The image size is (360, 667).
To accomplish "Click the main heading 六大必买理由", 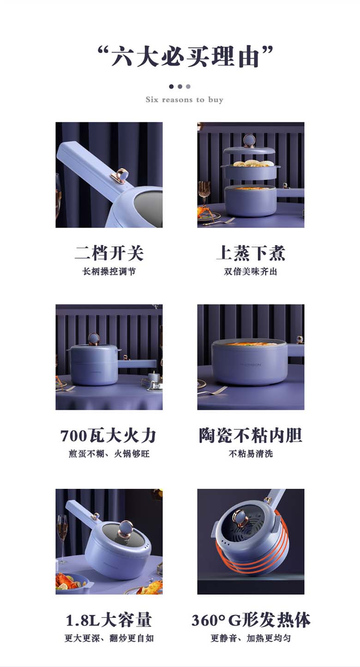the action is point(185,56).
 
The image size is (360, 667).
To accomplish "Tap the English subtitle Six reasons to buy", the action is point(184,99).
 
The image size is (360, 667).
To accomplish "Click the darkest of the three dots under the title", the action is point(171,87).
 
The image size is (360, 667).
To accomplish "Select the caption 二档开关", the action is point(109,253).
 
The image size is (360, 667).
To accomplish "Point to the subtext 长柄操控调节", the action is point(109,271).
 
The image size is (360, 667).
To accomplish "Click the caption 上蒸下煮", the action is point(251,253).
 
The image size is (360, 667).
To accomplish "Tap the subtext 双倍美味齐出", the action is point(251,271).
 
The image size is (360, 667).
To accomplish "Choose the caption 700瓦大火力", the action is point(108,436).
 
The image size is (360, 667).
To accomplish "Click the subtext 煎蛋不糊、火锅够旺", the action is point(109,454).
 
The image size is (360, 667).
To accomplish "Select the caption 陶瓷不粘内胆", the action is point(251,436).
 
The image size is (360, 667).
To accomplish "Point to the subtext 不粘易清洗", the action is point(251,454).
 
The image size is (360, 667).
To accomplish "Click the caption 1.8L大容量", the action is point(108,620).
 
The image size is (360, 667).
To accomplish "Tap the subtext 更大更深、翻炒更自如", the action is point(109,638).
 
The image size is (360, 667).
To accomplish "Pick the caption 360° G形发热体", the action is point(251,620).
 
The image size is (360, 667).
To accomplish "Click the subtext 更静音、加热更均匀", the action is point(251,638).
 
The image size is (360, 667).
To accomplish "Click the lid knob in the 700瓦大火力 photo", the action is point(94,339).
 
